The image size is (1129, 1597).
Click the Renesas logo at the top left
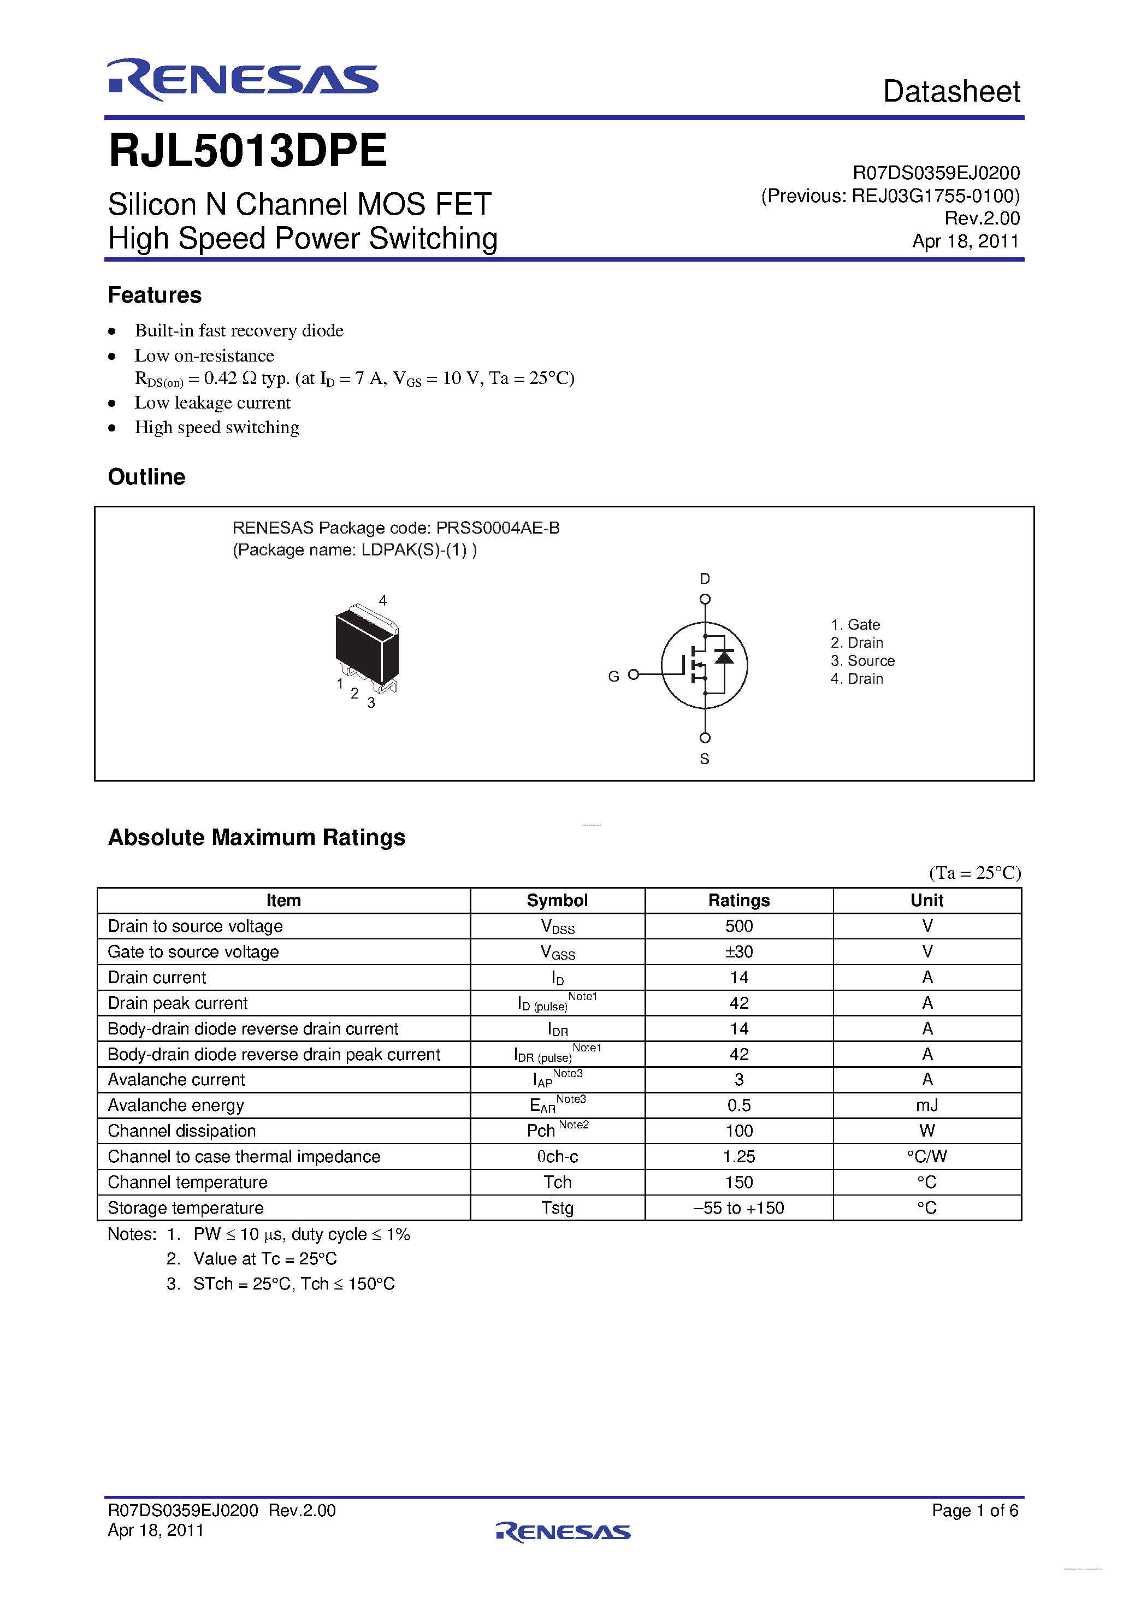click(242, 79)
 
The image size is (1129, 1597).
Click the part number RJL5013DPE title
click(247, 150)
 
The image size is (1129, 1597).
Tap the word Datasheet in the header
click(951, 92)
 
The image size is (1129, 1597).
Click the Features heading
click(155, 295)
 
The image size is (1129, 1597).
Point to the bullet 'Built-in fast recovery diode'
click(239, 330)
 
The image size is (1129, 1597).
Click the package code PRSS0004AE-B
click(498, 528)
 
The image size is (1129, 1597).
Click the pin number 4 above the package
click(382, 600)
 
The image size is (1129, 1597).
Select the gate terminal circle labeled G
click(633, 675)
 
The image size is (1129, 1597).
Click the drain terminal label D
click(705, 579)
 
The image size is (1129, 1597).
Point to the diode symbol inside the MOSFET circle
click(724, 656)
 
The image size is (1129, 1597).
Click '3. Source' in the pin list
click(862, 661)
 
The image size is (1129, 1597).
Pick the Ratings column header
click(739, 901)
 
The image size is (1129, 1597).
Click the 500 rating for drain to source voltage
click(739, 926)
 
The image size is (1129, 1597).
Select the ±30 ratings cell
click(739, 951)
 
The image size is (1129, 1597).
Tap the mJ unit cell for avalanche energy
click(926, 1105)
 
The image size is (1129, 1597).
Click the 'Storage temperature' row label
click(186, 1208)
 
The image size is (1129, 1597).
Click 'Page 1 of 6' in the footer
click(974, 1510)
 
